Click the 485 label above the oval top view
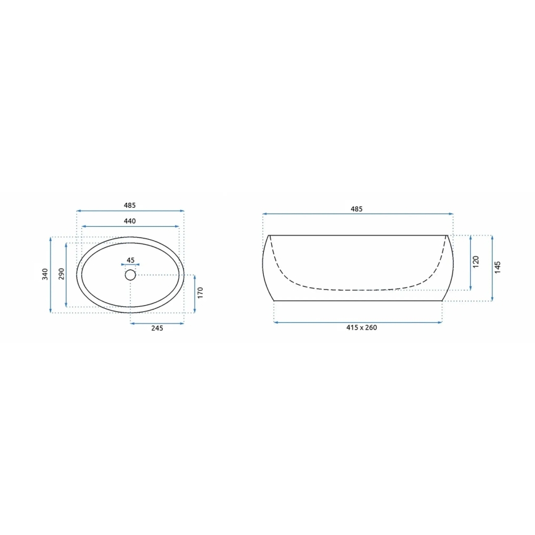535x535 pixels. click(129, 205)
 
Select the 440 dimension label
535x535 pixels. click(129, 221)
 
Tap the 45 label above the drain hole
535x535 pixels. click(130, 260)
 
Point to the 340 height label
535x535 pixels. click(44, 274)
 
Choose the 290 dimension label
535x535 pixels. click(60, 274)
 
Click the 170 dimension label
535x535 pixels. click(200, 292)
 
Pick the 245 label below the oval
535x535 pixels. click(157, 328)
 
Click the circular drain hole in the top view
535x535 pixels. click(130, 275)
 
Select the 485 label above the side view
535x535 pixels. click(356, 209)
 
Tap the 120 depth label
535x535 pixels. click(475, 262)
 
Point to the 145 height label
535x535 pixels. click(497, 267)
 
